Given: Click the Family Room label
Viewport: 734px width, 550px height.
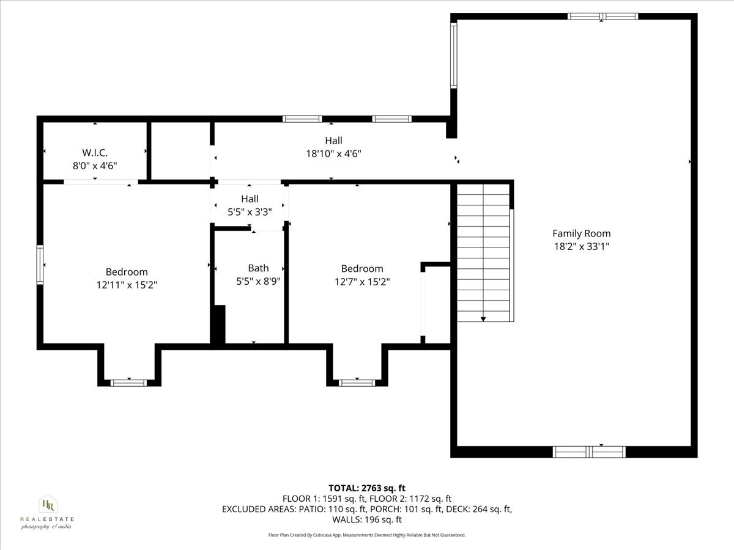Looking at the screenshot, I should [581, 233].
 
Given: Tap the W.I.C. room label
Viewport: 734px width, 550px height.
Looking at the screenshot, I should [95, 152].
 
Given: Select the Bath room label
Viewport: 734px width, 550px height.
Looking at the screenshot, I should [258, 268].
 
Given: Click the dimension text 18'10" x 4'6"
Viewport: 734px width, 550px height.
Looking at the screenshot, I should [333, 154].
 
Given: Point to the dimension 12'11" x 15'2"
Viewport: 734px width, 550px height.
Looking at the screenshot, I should [127, 284].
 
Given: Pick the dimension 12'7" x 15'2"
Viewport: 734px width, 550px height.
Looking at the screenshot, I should [362, 282].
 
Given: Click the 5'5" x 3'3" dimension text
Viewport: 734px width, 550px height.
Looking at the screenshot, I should [250, 211].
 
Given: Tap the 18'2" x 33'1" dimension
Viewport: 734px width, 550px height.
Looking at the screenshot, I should [581, 246].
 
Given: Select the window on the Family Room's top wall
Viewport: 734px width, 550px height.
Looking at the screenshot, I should [602, 16].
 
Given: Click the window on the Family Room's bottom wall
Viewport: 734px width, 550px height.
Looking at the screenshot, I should [589, 452].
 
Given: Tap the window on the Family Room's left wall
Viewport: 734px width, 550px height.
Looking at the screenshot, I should [454, 55].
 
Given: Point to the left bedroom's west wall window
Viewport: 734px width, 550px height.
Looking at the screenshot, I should [40, 264].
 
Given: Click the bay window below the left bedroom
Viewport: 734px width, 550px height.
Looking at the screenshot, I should [128, 383].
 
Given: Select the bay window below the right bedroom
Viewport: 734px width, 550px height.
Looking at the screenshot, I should [357, 383].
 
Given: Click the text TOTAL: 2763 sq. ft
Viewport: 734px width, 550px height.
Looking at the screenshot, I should [367, 488].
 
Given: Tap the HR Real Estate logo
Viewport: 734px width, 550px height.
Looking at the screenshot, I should [47, 512].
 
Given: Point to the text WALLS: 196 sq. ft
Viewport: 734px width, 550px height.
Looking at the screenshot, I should [367, 519].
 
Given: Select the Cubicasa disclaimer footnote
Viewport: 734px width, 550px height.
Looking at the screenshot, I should [367, 535].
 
